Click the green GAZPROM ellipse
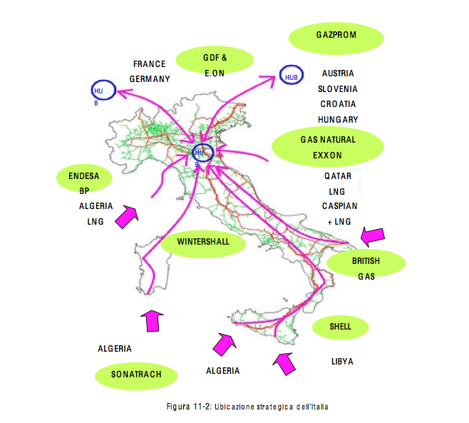(x=336, y=36)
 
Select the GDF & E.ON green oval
(x=215, y=63)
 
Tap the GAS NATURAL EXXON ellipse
(x=328, y=147)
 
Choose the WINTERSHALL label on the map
(x=203, y=242)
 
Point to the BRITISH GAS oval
(x=366, y=263)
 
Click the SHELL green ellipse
(x=341, y=327)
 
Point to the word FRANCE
(x=149, y=64)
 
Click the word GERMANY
(x=150, y=78)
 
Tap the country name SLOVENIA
(x=338, y=89)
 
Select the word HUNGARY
(x=339, y=120)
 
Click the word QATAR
(x=337, y=175)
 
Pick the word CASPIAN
(x=339, y=206)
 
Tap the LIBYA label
(x=342, y=362)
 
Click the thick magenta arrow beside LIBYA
(x=285, y=364)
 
